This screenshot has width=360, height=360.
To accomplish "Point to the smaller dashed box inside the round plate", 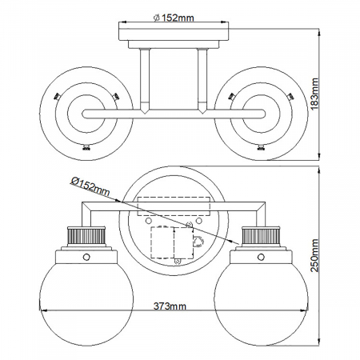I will (166, 242).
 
